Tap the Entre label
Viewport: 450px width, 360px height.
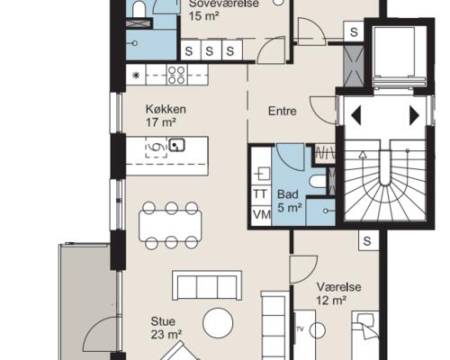click(x=282, y=111)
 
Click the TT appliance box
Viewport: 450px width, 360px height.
click(x=260, y=194)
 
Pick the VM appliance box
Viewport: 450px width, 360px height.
click(x=261, y=215)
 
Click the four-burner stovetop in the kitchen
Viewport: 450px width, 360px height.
click(x=176, y=75)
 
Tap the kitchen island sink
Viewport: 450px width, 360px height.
click(x=177, y=145)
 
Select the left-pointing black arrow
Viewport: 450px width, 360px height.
click(x=356, y=115)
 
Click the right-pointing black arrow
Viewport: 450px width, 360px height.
click(x=414, y=115)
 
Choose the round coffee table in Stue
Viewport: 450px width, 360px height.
click(x=218, y=323)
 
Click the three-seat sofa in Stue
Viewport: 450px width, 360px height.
click(x=207, y=285)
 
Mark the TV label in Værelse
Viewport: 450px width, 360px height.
click(x=300, y=329)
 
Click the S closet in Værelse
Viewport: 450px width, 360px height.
click(x=367, y=241)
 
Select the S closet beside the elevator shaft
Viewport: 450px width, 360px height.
click(x=354, y=31)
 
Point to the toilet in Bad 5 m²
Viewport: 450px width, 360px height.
click(x=318, y=181)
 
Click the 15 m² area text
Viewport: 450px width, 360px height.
click(x=202, y=15)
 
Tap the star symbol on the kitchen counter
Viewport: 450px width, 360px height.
click(x=136, y=75)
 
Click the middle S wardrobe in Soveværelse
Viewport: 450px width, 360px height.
click(x=210, y=51)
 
